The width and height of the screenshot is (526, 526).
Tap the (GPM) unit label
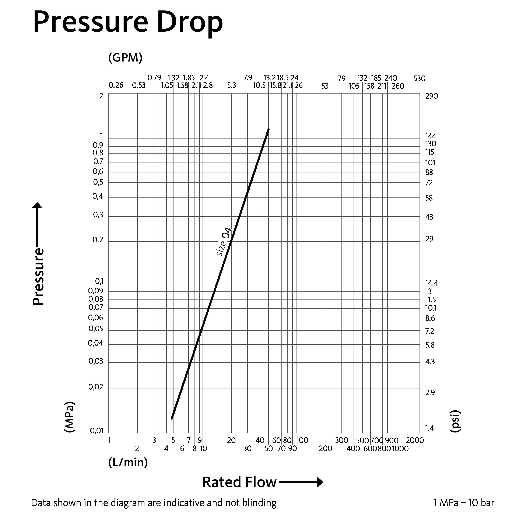click(125, 58)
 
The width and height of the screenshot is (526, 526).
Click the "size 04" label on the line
click(224, 242)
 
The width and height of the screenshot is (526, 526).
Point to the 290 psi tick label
click(432, 96)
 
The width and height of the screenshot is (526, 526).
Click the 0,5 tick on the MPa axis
click(98, 182)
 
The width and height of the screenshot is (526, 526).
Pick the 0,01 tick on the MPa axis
click(97, 431)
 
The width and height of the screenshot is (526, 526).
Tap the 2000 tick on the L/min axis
click(415, 440)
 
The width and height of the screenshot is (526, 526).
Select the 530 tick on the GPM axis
click(419, 79)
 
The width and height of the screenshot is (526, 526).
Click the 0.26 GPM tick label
click(116, 85)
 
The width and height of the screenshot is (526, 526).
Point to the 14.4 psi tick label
click(432, 283)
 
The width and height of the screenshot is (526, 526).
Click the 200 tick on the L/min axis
click(325, 448)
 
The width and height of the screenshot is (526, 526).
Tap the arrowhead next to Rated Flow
click(320, 482)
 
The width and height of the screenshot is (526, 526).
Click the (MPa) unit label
click(69, 417)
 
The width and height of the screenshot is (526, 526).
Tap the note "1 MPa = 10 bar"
click(464, 503)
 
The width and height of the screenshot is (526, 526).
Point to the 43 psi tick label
click(429, 217)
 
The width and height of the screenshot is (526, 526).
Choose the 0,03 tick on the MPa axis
click(96, 361)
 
